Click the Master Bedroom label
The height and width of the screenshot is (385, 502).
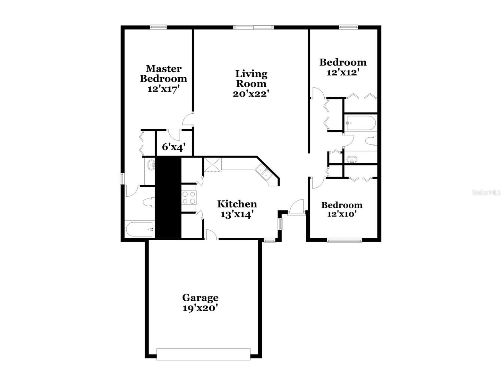(x=163, y=73)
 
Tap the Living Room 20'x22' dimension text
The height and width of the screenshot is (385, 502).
(x=251, y=94)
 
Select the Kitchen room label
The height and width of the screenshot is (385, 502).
(x=237, y=204)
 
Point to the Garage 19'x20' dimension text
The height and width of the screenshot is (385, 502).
(x=200, y=308)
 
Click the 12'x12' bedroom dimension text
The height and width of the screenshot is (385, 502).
(x=342, y=73)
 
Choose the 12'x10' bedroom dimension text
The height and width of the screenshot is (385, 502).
(x=342, y=214)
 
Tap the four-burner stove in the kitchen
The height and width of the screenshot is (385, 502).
(x=189, y=197)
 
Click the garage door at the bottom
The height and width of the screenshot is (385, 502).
(x=203, y=354)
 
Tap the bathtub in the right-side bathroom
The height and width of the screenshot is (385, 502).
(x=360, y=123)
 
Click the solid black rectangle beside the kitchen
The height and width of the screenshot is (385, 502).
(x=168, y=197)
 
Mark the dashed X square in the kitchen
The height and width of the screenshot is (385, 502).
(x=213, y=165)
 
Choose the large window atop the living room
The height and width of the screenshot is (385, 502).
(x=253, y=28)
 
